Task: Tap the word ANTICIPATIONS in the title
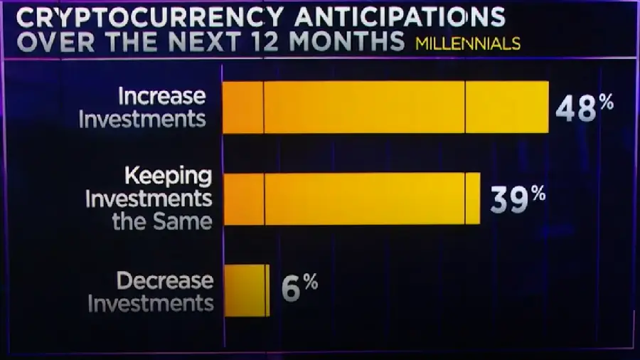tap(395, 15)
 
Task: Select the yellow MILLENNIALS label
tap(468, 43)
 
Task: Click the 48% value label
tap(585, 108)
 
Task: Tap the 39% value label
tap(518, 199)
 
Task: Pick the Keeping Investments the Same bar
tap(351, 198)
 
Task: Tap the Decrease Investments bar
tap(247, 290)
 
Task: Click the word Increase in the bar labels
tap(162, 96)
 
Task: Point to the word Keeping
tap(169, 175)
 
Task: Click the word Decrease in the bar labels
tap(165, 281)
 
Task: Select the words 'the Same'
tap(162, 221)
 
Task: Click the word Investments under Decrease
tap(151, 304)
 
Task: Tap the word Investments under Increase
tap(142, 119)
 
